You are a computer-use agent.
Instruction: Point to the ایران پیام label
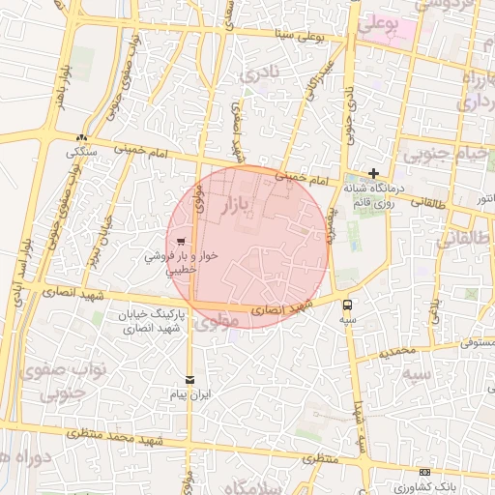[x=190, y=395]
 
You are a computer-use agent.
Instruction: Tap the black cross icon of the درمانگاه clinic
[x=374, y=173]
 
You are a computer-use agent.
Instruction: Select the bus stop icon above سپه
[x=347, y=304]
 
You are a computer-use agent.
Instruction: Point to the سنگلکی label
[x=82, y=153]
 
